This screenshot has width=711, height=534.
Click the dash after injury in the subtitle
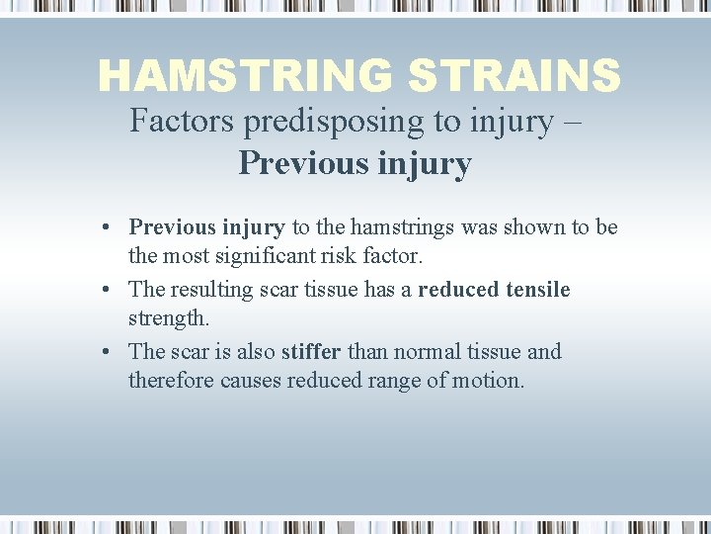pos(573,122)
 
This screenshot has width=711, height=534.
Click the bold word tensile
pos(537,290)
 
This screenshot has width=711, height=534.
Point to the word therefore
pos(166,382)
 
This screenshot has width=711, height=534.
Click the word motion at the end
pos(490,382)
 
